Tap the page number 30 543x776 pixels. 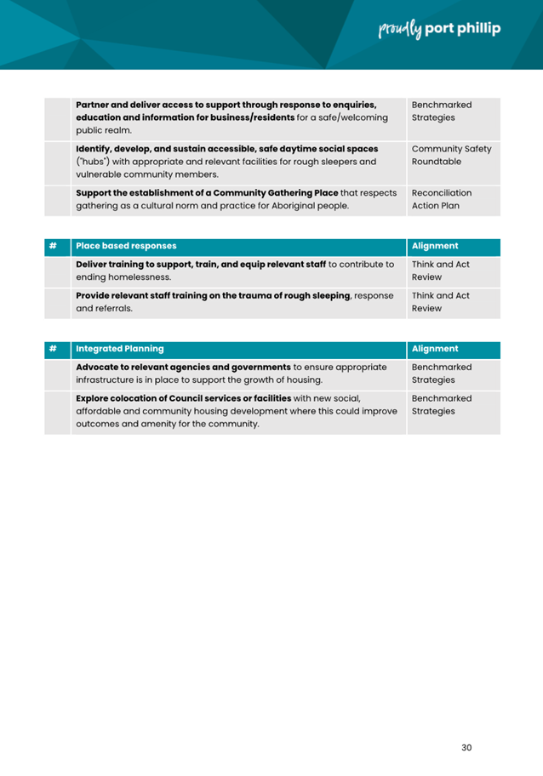coord(466,748)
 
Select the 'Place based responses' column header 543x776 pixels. coord(127,247)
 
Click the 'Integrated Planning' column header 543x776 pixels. coord(119,349)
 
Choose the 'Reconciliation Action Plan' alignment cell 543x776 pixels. coord(441,199)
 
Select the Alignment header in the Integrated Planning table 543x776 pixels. coord(435,349)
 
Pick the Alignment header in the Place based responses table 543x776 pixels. coord(435,247)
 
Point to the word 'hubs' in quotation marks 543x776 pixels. coord(89,161)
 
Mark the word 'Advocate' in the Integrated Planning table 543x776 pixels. coord(101,367)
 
